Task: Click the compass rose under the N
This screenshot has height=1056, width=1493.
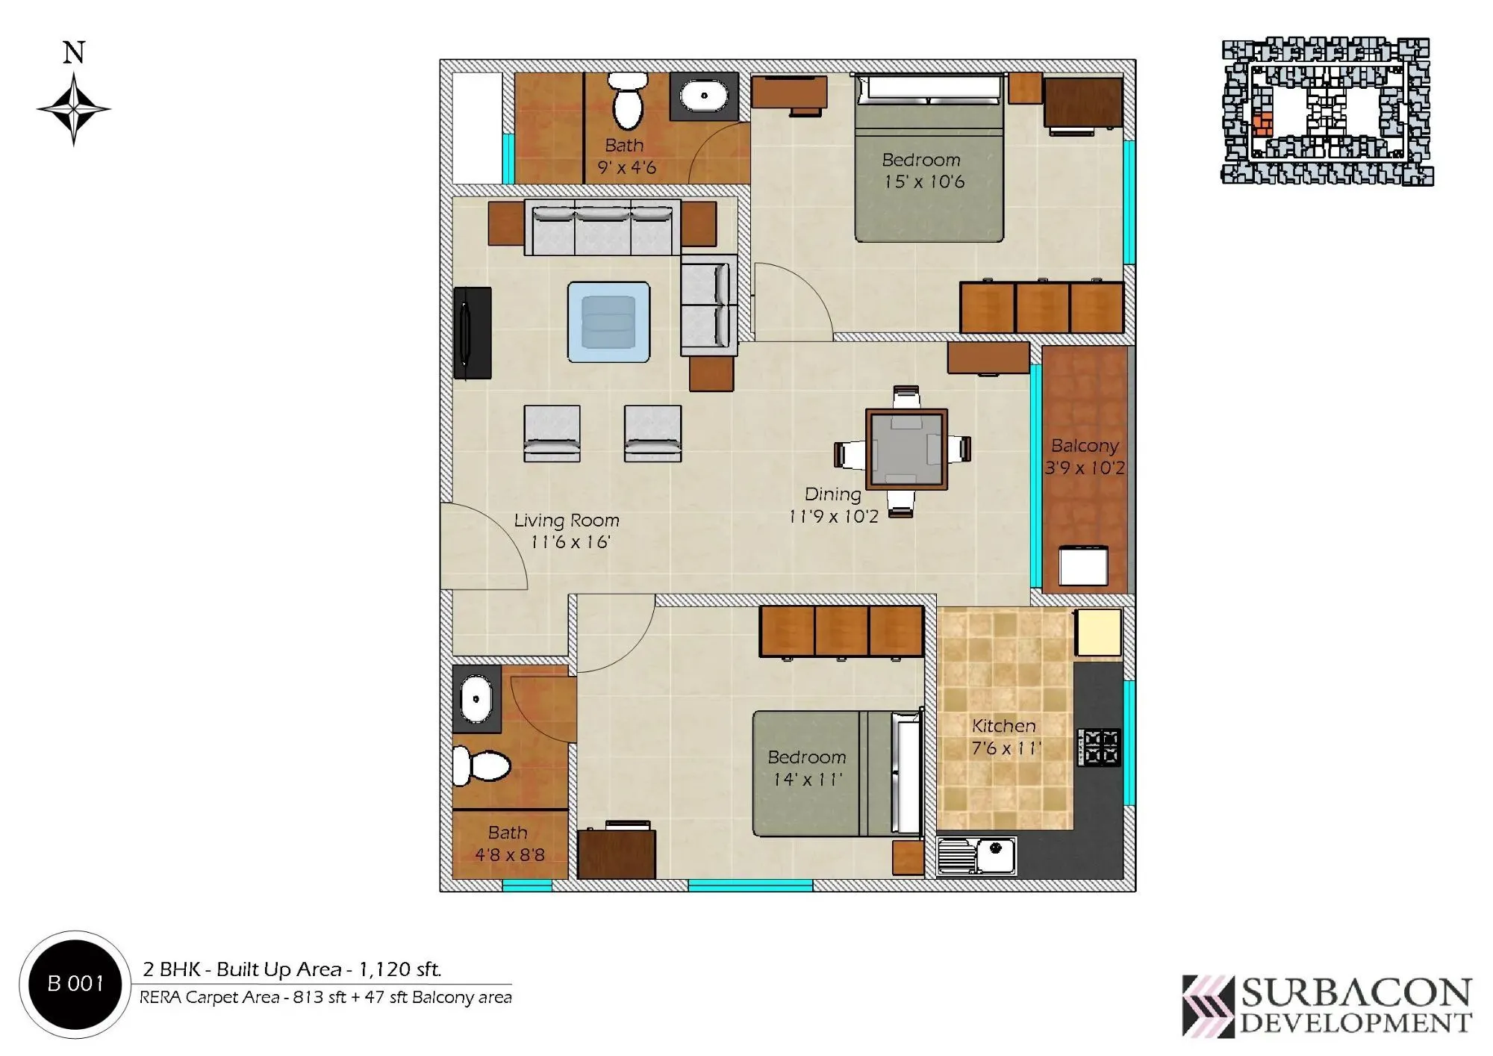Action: tap(73, 109)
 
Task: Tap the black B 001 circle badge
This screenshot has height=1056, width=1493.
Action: tap(75, 984)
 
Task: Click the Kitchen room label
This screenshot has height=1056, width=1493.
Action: tap(1003, 726)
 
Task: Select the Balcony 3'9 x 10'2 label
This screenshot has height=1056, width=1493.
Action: tap(1085, 456)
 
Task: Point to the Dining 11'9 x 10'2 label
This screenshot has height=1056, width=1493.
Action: tap(833, 505)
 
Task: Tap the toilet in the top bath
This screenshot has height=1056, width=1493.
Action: tap(627, 102)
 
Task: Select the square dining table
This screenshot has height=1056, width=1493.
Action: tap(906, 449)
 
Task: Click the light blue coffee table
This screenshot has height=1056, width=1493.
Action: tap(608, 322)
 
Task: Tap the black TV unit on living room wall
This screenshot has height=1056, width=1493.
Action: tap(473, 332)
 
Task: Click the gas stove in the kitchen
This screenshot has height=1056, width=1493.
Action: tap(1099, 748)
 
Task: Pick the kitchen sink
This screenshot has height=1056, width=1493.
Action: tap(977, 855)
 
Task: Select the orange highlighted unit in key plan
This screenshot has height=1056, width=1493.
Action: tap(1262, 124)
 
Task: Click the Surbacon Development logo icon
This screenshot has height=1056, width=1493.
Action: tap(1208, 1006)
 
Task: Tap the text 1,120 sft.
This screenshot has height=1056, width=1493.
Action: tap(400, 969)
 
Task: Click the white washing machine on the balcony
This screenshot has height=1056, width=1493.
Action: tap(1083, 565)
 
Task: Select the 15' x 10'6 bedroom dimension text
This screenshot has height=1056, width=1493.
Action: tap(924, 181)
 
